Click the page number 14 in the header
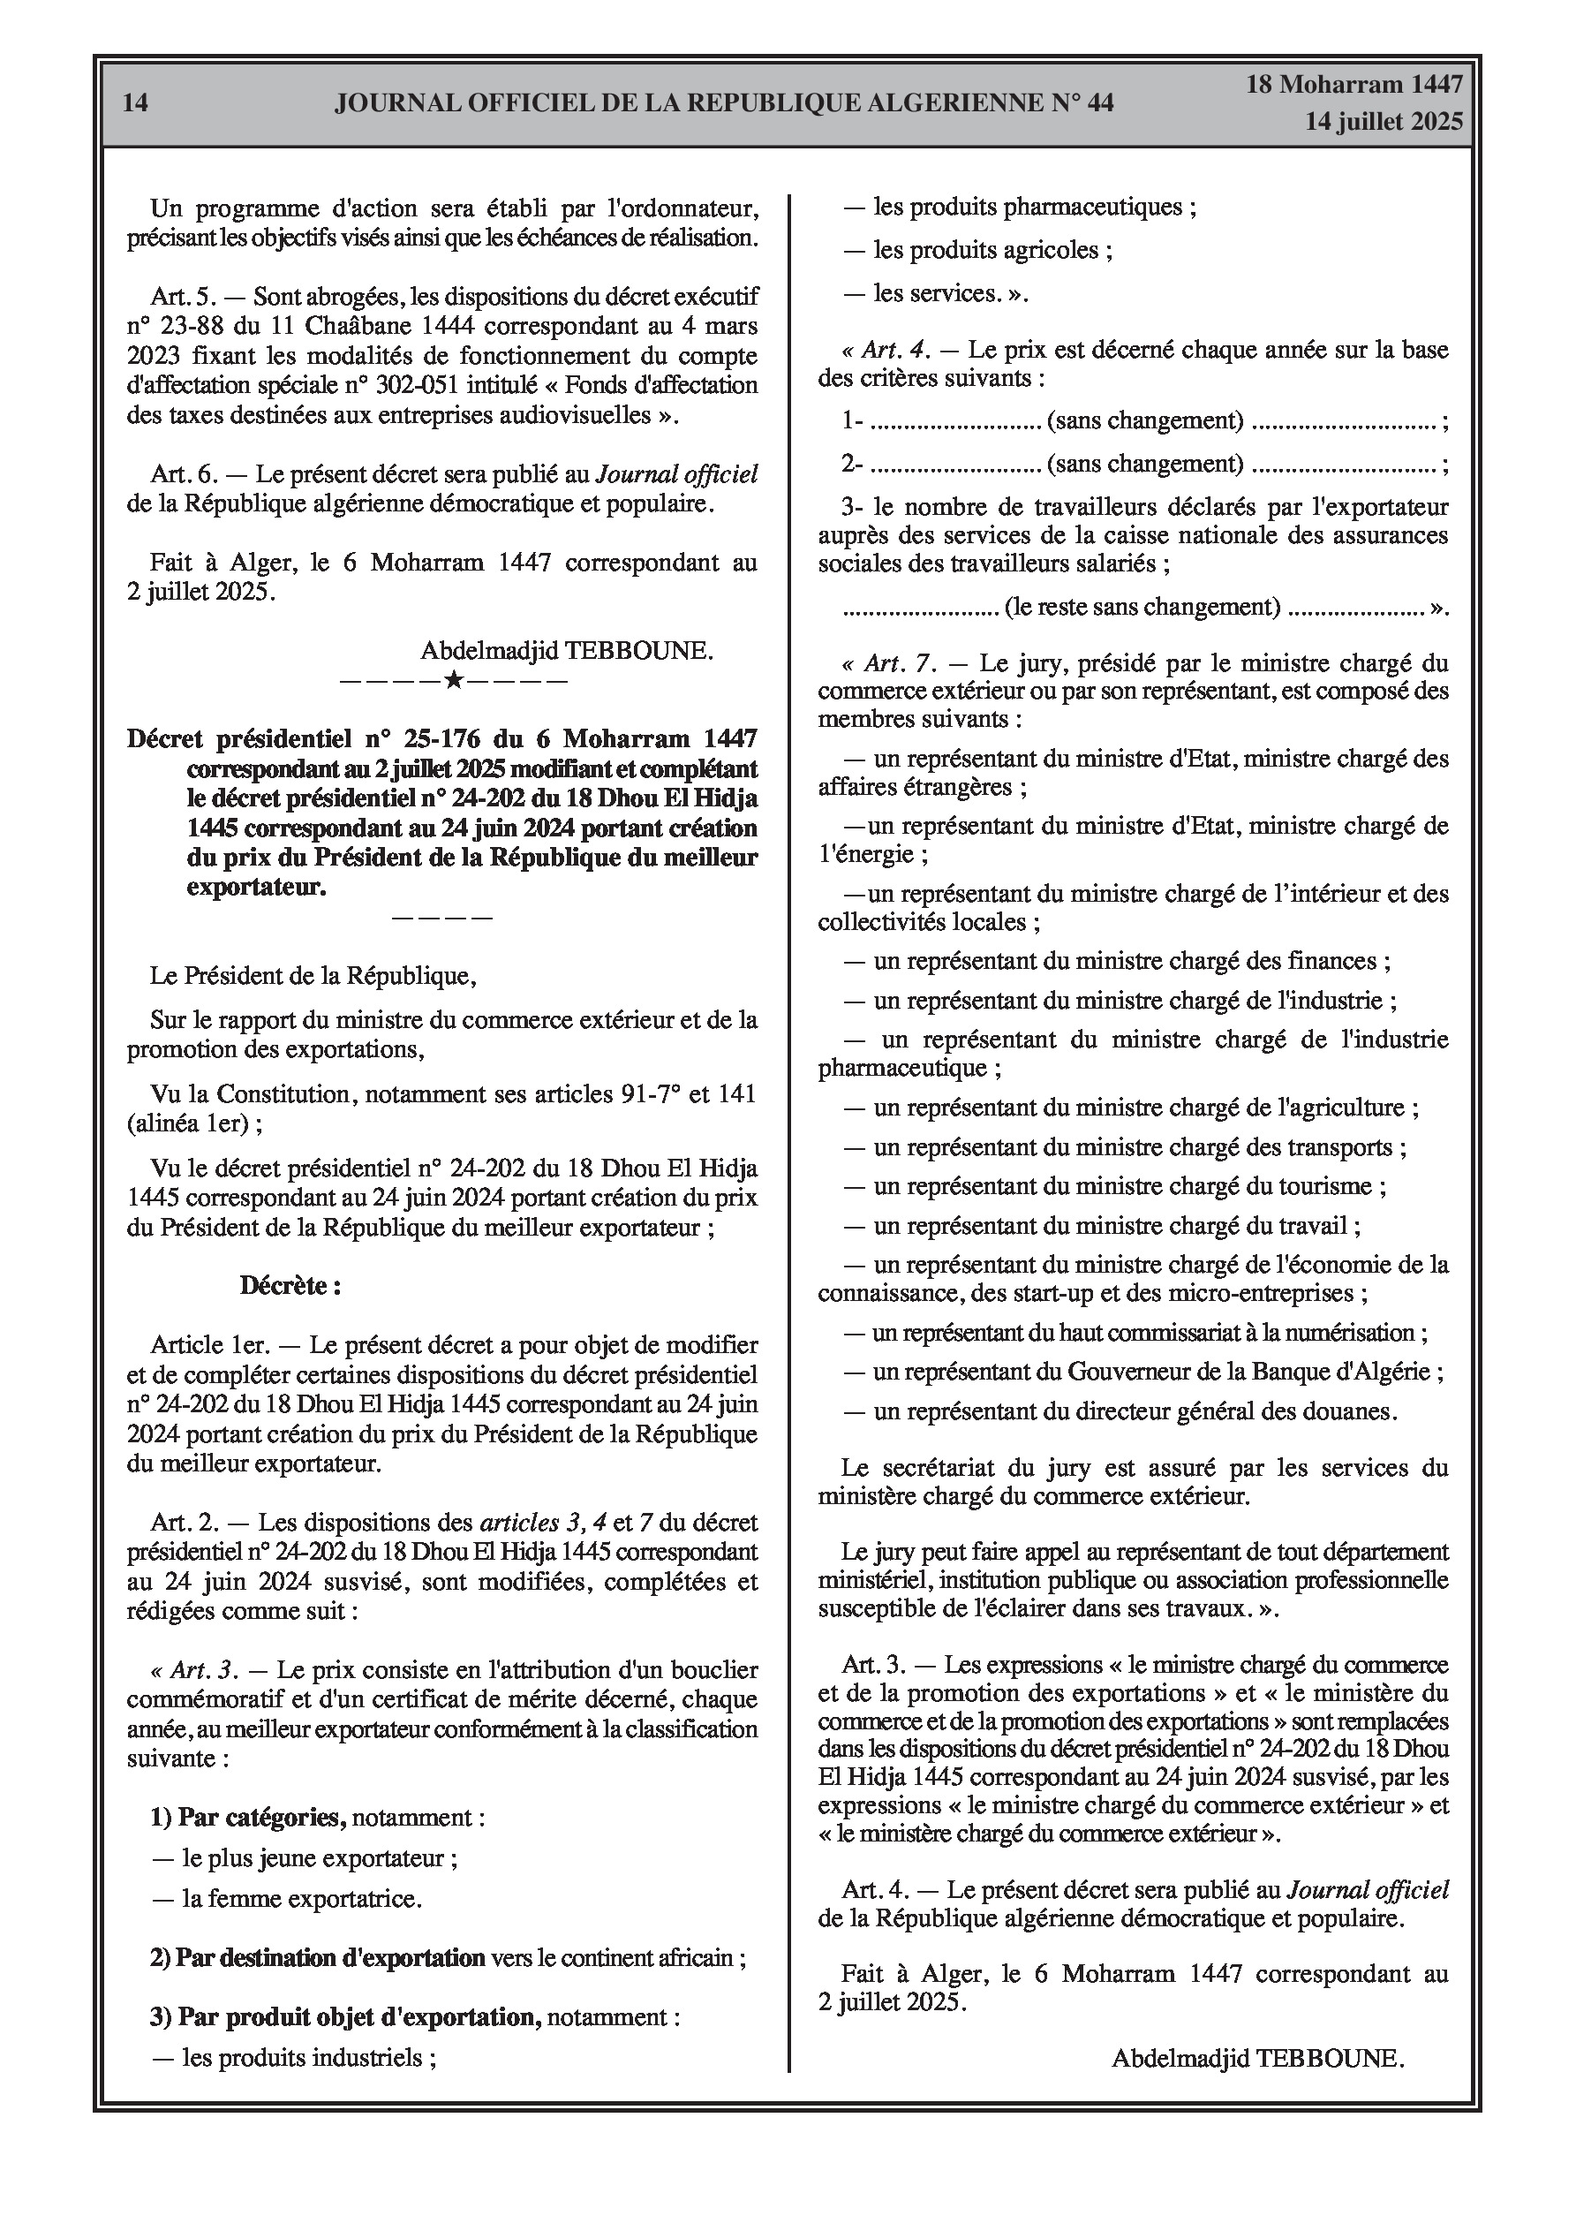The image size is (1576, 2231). pos(136,103)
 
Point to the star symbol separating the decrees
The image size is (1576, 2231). pos(453,679)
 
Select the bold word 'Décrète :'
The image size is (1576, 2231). pos(290,1286)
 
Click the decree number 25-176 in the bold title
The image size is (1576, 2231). pos(427,739)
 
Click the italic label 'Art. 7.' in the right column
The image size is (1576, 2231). pos(899,663)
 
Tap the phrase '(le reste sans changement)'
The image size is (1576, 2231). pos(1142,608)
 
